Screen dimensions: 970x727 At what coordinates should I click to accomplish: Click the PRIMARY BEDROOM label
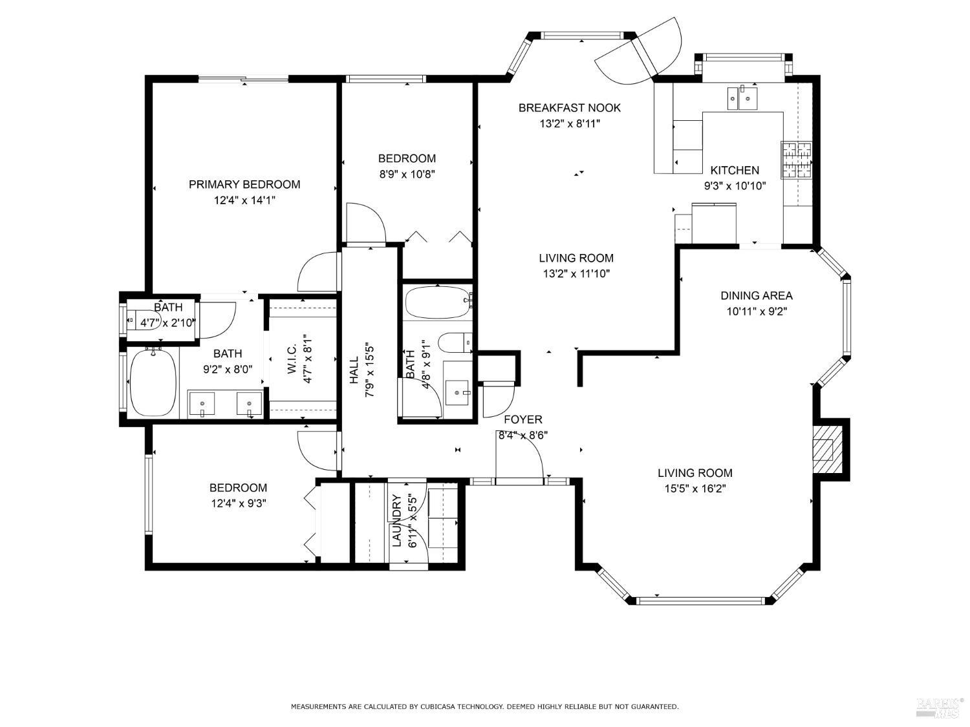(x=244, y=185)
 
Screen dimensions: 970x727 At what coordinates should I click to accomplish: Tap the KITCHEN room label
(x=735, y=170)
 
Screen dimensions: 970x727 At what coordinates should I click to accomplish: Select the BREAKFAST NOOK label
(x=569, y=108)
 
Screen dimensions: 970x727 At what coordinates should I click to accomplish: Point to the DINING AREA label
(x=757, y=295)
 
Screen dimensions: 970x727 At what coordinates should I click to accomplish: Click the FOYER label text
(x=523, y=419)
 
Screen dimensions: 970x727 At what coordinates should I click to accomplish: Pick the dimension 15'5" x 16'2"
(x=695, y=489)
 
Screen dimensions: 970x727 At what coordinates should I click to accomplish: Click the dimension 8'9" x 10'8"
(x=407, y=174)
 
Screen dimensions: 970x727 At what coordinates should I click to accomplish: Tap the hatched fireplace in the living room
(x=824, y=449)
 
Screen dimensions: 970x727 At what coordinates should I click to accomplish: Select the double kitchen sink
(x=742, y=98)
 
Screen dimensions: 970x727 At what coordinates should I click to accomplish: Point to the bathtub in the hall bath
(x=438, y=302)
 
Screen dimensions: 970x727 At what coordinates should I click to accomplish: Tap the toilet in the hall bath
(x=455, y=342)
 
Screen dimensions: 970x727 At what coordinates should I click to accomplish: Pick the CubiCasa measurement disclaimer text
(x=484, y=707)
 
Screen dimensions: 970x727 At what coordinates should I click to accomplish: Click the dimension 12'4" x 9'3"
(x=239, y=503)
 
